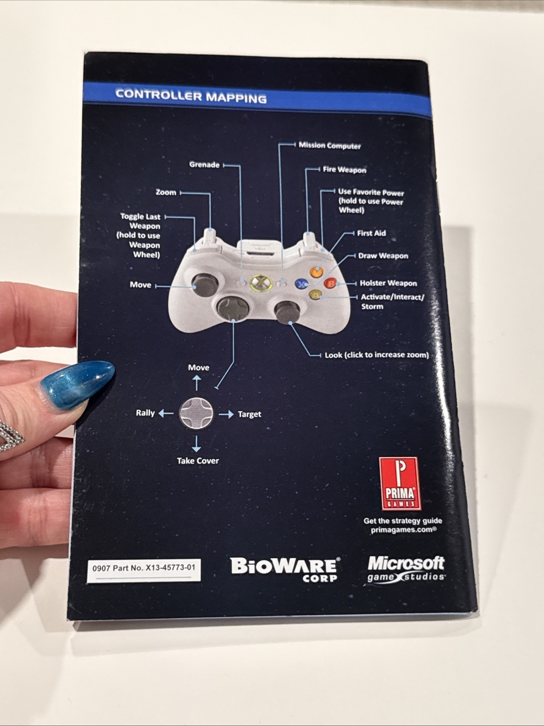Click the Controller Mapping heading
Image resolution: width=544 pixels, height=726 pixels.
click(191, 96)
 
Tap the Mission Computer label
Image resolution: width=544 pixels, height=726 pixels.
click(329, 146)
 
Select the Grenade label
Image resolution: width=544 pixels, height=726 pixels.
click(204, 164)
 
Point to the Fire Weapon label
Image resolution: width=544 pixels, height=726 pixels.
click(344, 170)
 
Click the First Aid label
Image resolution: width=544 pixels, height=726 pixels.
click(371, 233)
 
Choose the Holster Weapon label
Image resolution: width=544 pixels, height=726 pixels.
click(388, 283)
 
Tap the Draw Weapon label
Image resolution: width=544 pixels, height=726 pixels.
click(383, 256)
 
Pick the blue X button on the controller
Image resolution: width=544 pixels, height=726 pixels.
click(301, 284)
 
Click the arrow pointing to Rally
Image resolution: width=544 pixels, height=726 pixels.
click(166, 413)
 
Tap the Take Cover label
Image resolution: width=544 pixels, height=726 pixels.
click(198, 461)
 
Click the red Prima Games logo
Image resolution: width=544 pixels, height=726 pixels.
click(400, 483)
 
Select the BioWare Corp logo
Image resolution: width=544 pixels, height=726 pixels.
click(284, 569)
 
